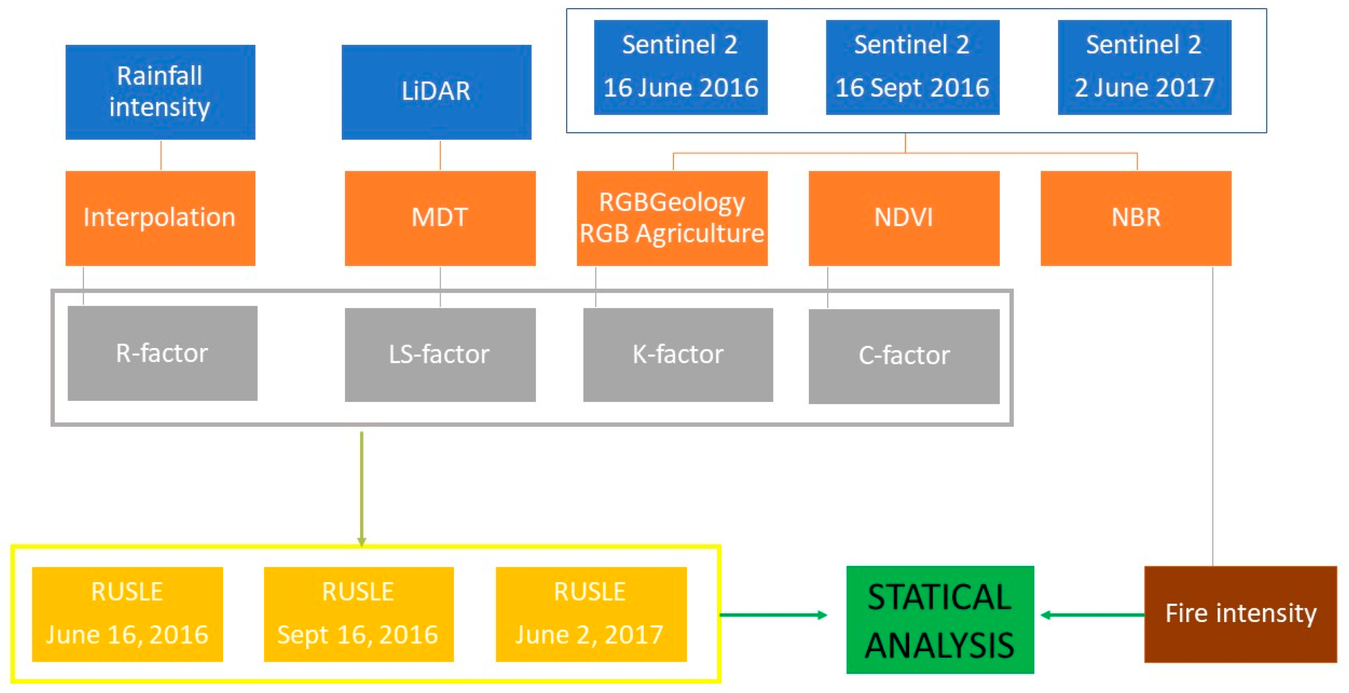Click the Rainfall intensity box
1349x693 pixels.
click(160, 92)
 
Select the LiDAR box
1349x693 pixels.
click(436, 92)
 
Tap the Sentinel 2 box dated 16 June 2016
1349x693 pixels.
click(680, 67)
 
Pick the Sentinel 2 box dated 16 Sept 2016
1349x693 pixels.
click(912, 67)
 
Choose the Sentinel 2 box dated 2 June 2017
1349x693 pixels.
click(1144, 67)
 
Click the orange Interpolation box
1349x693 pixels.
click(160, 218)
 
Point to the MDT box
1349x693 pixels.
click(440, 218)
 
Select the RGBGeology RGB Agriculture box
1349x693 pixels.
click(672, 218)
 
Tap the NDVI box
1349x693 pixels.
click(904, 218)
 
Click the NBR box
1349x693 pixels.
click(1135, 218)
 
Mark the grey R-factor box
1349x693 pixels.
click(162, 353)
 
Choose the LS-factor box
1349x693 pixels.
click(440, 355)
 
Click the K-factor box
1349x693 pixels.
click(678, 355)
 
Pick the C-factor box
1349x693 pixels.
click(904, 356)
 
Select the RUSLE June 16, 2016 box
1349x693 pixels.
click(127, 614)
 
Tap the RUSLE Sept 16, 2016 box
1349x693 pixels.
click(359, 614)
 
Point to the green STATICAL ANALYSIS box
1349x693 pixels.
click(940, 619)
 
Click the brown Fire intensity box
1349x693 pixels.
click(1240, 614)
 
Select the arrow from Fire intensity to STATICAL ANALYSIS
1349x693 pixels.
click(1092, 615)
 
